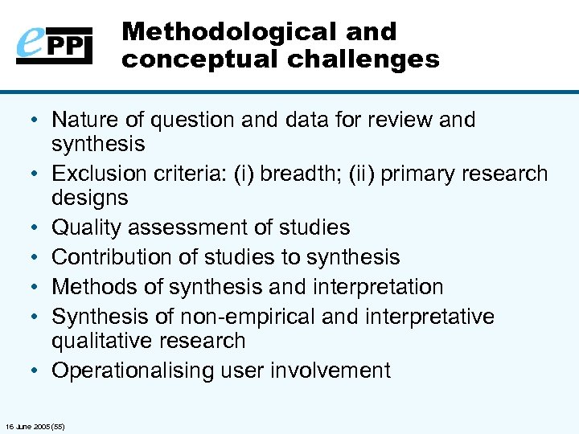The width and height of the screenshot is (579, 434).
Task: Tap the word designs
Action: pyautogui.click(x=89, y=198)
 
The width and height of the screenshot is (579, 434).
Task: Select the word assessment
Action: pyautogui.click(x=183, y=227)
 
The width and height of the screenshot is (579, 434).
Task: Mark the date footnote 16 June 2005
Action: pyautogui.click(x=35, y=426)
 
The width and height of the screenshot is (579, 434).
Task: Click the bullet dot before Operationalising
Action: pyautogui.click(x=35, y=371)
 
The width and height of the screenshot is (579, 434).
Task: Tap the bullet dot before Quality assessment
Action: pyautogui.click(x=35, y=228)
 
